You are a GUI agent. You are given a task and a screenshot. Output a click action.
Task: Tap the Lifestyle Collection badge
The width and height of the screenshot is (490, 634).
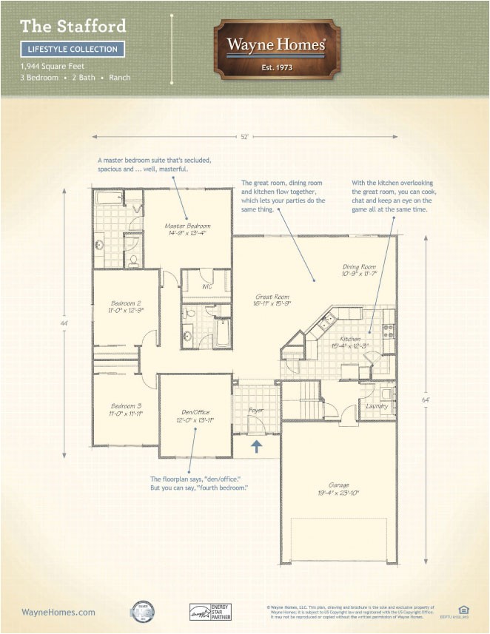coord(72,50)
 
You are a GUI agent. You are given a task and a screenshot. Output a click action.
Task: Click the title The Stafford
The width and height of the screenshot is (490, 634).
coord(73,27)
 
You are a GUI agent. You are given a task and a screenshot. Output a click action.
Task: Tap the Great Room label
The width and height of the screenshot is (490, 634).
coord(272,300)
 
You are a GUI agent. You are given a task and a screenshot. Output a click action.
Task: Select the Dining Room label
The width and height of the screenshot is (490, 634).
coord(359,270)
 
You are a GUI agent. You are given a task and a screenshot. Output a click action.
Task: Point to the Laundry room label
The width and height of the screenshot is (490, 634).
coord(377,405)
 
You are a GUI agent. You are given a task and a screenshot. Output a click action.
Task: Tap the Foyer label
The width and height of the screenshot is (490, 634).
coord(255,408)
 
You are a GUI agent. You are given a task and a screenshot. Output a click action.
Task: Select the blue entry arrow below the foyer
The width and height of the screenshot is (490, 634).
coord(256,445)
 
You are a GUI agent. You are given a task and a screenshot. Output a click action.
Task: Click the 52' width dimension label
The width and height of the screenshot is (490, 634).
coord(245,136)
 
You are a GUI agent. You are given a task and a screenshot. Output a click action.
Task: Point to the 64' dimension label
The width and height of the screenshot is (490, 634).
coord(426,400)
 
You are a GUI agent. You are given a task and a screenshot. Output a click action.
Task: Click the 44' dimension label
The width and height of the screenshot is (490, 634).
coord(65,323)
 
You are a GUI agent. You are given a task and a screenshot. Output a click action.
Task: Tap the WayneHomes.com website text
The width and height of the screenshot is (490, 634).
coord(58,612)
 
